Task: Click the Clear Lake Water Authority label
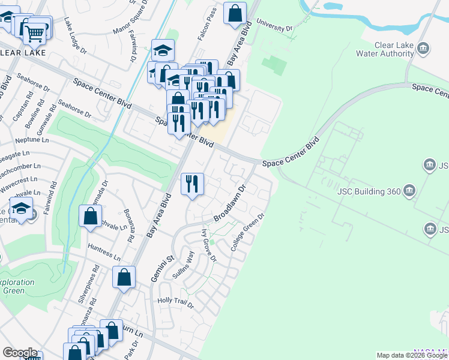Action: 393,49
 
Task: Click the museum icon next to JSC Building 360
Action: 409,191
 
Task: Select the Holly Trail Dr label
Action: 175,303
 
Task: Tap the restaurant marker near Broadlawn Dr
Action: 193,183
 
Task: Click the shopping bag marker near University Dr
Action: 235,13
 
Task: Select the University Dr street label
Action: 274,25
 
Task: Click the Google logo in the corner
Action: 20,353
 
